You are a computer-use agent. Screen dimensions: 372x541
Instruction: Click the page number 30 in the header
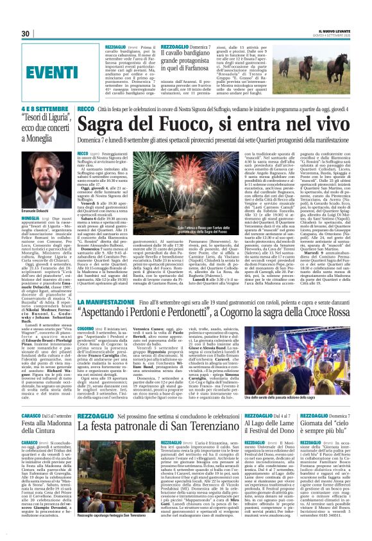click(26, 34)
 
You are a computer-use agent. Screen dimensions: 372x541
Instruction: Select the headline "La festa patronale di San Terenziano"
click(157, 404)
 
